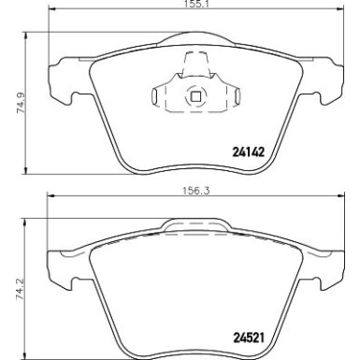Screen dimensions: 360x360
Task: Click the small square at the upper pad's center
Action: tap(195, 95)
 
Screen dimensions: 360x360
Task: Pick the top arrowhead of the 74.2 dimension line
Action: tap(24, 222)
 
